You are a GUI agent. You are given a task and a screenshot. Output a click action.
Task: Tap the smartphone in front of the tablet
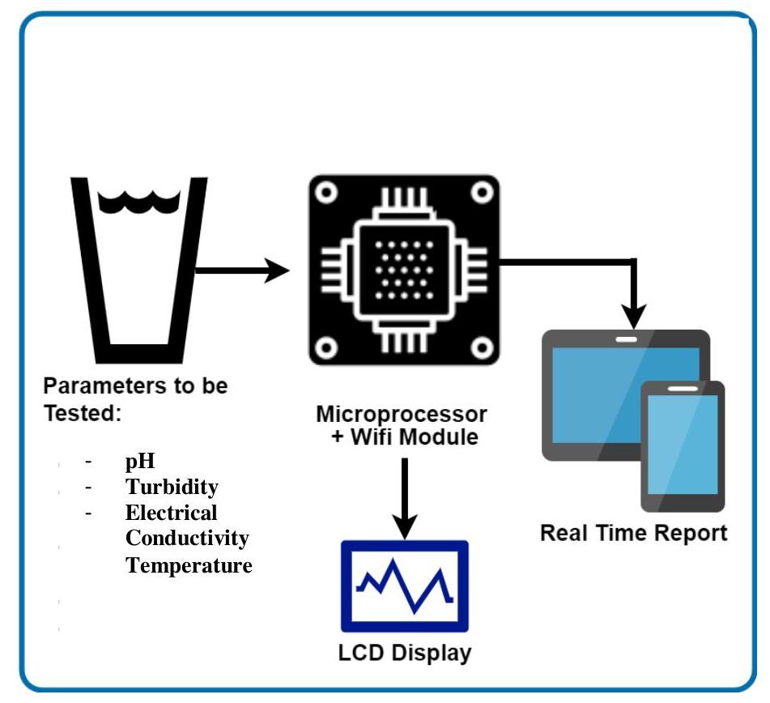click(x=683, y=445)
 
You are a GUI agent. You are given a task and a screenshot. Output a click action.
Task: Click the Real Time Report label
click(x=633, y=533)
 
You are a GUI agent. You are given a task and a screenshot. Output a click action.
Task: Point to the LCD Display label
click(x=405, y=652)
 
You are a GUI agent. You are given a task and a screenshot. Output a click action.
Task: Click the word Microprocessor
click(x=402, y=415)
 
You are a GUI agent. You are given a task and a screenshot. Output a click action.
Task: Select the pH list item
click(x=139, y=462)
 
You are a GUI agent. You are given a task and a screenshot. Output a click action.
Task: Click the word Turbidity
click(x=172, y=487)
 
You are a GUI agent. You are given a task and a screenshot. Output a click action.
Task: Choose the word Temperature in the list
click(x=189, y=565)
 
